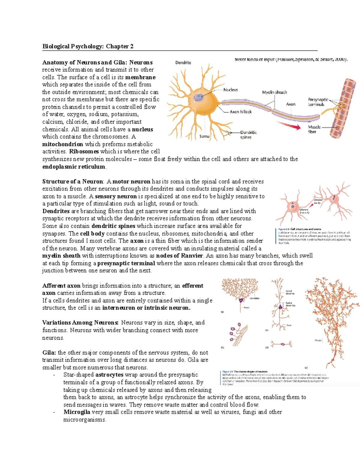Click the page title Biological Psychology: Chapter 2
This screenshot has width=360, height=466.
tap(88, 46)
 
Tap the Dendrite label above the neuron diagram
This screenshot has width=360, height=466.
tap(183, 62)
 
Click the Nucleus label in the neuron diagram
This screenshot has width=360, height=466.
tap(230, 90)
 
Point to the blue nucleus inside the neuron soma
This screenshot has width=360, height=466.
tap(198, 97)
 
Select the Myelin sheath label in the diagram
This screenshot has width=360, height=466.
tap(274, 92)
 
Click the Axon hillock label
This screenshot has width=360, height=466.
tap(241, 112)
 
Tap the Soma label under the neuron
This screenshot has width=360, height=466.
tap(204, 136)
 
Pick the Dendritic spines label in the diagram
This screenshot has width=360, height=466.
tap(248, 135)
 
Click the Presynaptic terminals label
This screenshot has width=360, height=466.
tap(317, 102)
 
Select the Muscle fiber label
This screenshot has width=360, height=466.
tap(314, 129)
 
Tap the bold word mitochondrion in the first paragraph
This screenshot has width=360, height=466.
tap(63, 144)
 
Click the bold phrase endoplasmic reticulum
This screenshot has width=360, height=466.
tap(74, 167)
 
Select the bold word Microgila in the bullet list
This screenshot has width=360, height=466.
tap(77, 412)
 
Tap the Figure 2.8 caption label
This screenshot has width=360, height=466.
tap(283, 229)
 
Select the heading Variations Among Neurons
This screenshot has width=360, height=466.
tap(80, 323)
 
